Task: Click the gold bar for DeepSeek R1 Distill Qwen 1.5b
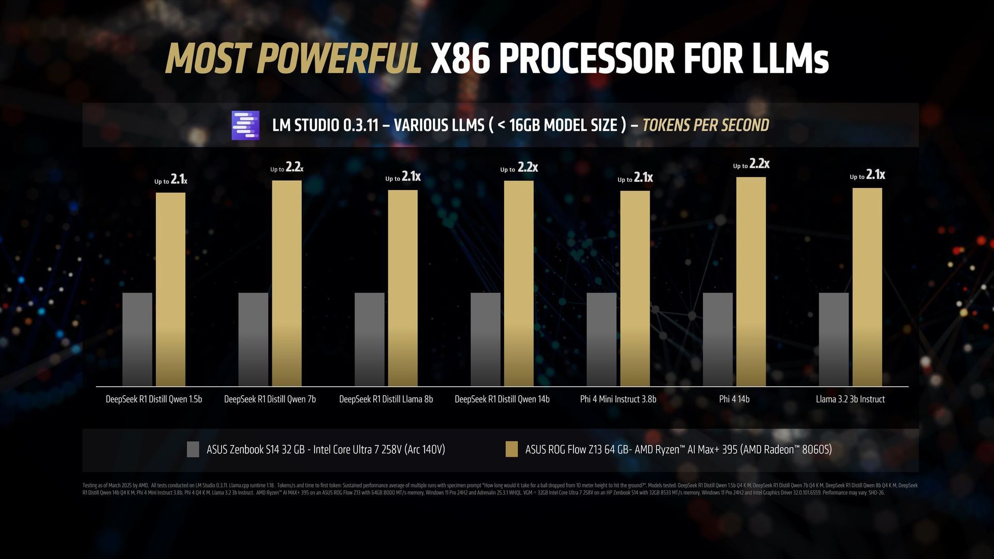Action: coord(170,290)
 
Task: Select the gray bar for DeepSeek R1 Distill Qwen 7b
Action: coord(253,339)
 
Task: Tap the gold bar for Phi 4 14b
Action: coord(751,282)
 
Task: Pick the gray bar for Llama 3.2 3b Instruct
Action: coord(834,339)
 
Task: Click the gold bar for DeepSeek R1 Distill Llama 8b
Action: coord(403,288)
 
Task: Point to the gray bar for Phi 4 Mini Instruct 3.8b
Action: coord(602,339)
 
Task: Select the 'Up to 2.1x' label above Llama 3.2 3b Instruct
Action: coord(867,175)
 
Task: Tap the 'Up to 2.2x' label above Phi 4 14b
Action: coord(751,165)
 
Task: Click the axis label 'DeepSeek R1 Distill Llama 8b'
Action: coord(386,399)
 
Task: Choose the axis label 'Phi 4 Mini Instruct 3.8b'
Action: coord(618,399)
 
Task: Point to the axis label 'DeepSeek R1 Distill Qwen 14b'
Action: coord(502,399)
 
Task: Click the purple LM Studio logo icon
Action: coord(245,125)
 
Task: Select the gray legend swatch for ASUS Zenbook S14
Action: coord(193,449)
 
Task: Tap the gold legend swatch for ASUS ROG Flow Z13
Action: coord(511,449)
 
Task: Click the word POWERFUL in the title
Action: coord(339,58)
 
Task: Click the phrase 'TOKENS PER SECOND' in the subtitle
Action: coord(706,125)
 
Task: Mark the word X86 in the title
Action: coord(460,58)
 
